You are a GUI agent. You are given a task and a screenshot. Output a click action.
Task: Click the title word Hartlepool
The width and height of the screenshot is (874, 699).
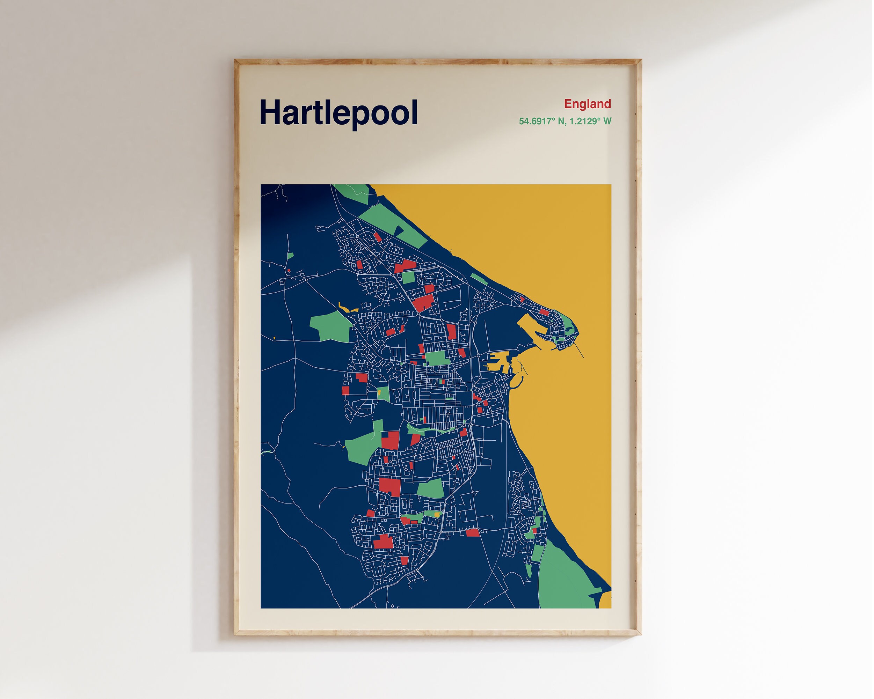(x=338, y=113)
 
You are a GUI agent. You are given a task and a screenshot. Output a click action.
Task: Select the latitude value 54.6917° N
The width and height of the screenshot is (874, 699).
(x=538, y=121)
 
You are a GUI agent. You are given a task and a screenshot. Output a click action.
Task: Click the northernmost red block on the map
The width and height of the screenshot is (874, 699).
(x=377, y=237)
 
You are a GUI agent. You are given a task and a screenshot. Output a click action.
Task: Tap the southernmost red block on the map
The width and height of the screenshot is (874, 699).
(x=404, y=560)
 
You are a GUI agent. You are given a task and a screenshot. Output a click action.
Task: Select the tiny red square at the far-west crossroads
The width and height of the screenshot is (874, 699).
(x=289, y=270)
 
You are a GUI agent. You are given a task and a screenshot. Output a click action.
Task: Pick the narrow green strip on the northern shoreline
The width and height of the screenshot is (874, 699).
(x=478, y=279)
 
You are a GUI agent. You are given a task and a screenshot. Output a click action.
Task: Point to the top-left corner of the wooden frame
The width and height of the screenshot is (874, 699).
(x=236, y=61)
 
